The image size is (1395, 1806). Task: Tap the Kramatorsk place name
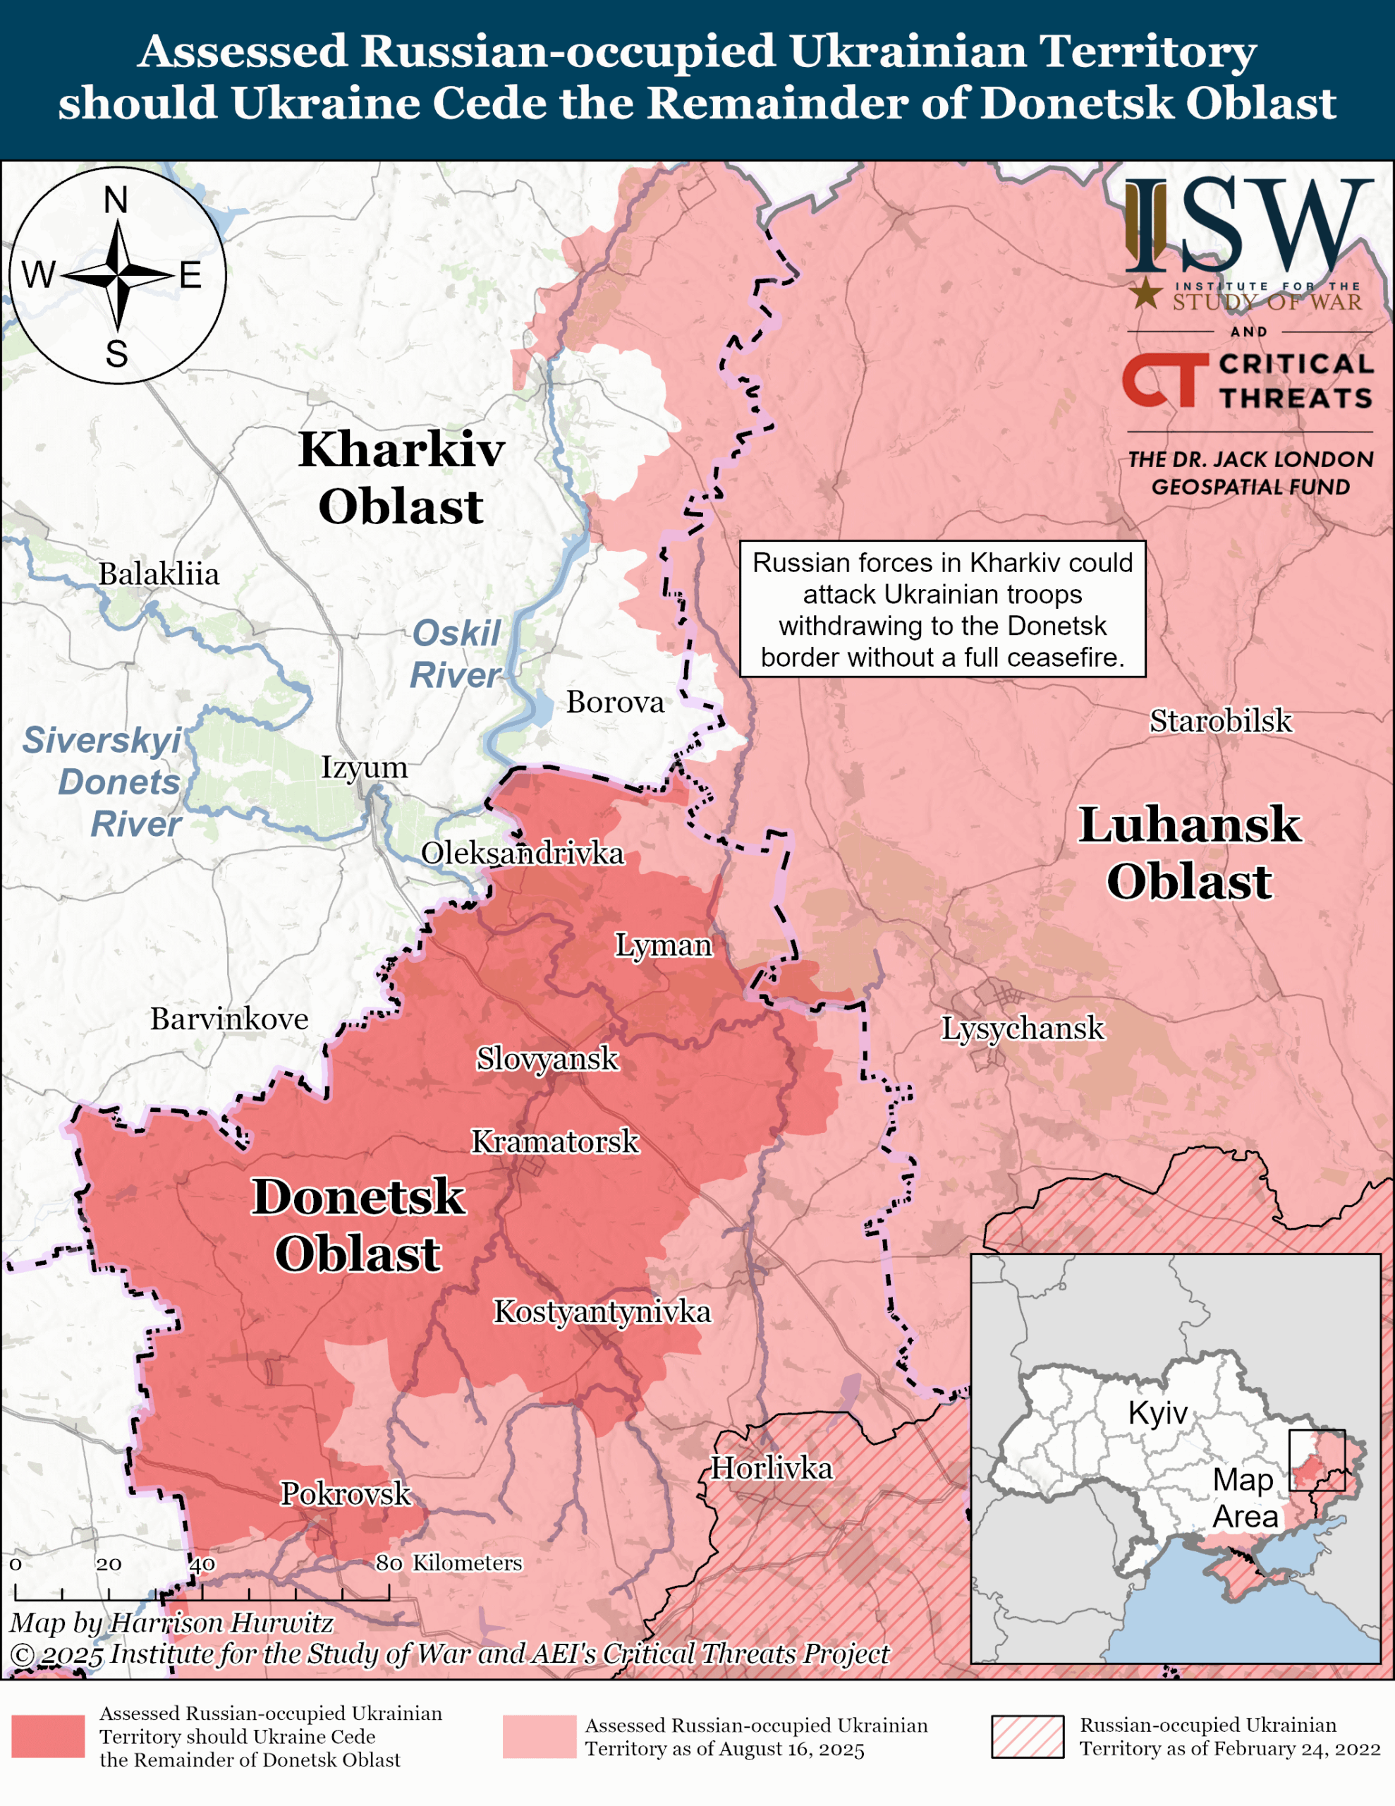coord(555,1142)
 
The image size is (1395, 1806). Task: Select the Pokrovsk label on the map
coord(346,1493)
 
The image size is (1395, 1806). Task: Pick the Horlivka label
coord(772,1468)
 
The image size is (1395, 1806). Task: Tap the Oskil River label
coord(456,654)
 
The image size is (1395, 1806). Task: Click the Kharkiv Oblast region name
coord(401,478)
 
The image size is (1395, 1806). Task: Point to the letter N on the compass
coord(116,200)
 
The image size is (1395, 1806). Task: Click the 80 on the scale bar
coord(389,1564)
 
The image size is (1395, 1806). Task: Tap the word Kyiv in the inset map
coord(1157,1413)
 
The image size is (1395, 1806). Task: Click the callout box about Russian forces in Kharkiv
coord(942,610)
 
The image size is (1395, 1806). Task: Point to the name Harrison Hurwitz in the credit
coord(221,1623)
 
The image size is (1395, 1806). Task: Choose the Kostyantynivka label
coord(602,1311)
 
